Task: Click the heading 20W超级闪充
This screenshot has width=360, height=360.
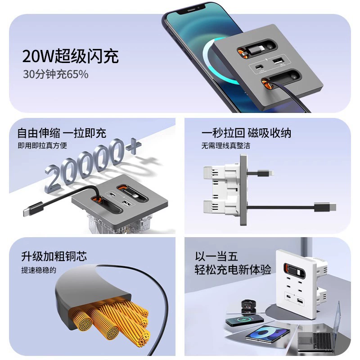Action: point(70,56)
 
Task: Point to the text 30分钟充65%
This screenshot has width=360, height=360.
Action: point(55,74)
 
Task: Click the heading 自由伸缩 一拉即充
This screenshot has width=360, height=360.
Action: point(62,133)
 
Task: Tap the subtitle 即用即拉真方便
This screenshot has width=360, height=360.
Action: point(42,145)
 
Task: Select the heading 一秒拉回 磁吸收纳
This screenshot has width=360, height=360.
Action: point(246,133)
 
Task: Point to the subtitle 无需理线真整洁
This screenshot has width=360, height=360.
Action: point(226,145)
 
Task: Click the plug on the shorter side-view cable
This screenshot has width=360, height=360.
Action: point(265,173)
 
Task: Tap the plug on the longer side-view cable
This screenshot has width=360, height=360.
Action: point(325,207)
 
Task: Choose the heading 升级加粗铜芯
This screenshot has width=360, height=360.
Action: point(54,256)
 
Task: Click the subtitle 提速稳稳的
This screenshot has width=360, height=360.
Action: point(39,270)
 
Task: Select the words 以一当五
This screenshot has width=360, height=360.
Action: point(216,256)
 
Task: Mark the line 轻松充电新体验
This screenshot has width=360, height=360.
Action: point(233,270)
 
